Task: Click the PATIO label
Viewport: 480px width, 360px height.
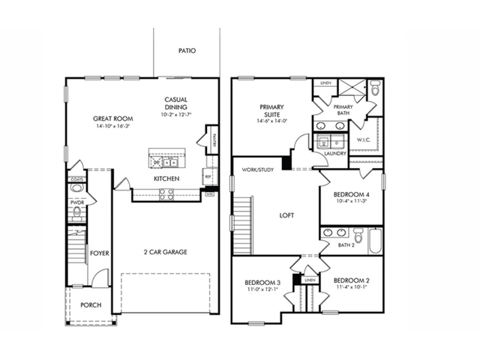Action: click(x=187, y=52)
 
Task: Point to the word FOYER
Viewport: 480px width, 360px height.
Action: click(x=100, y=253)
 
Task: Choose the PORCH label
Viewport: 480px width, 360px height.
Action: click(x=91, y=305)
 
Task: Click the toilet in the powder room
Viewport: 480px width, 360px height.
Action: click(x=76, y=214)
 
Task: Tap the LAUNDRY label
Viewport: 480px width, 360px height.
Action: click(x=335, y=154)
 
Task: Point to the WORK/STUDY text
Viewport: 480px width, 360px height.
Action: click(x=257, y=170)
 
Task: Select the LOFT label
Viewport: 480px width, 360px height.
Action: click(x=286, y=215)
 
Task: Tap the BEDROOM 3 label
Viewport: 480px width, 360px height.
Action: click(x=262, y=281)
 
